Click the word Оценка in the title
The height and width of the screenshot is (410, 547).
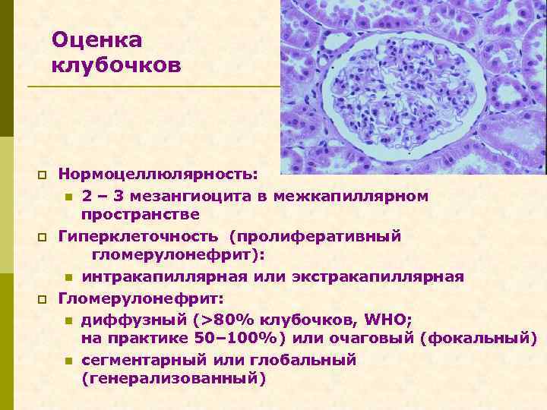tap(97, 39)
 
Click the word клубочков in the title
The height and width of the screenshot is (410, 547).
tap(116, 66)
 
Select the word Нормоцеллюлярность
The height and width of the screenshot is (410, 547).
tap(158, 175)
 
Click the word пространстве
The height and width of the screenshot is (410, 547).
tap(141, 215)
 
